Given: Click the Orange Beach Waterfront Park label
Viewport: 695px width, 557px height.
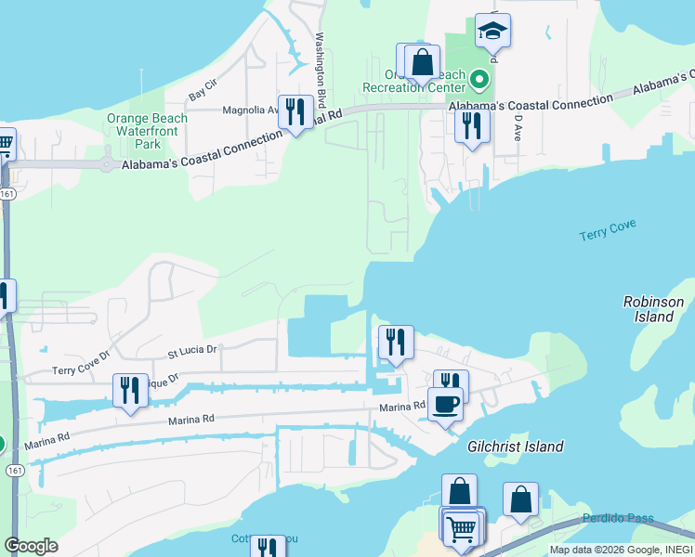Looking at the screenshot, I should (147, 131).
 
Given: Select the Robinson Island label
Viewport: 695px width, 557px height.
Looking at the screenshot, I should (653, 309).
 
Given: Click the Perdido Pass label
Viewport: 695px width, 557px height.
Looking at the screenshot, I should (618, 518).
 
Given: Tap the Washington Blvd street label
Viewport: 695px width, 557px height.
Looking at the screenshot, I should (321, 71).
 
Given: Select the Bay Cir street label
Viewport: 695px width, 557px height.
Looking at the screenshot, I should (202, 90).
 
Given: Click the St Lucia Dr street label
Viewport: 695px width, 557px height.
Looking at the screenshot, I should (191, 351).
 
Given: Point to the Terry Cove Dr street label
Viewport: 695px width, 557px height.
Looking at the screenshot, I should (81, 363).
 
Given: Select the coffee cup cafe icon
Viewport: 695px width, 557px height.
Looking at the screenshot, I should (445, 404).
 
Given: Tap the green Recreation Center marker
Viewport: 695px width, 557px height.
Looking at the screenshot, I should (479, 80).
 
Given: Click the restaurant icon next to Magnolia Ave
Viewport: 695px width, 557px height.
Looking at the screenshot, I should (295, 111).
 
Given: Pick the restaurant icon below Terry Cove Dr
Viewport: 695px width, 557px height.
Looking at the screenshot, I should (130, 389).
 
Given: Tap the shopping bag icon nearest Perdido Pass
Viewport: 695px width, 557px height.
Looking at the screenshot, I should (521, 499).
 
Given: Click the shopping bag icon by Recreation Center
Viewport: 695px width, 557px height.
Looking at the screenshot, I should (422, 62).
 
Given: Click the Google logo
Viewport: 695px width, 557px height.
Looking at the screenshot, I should (31, 545).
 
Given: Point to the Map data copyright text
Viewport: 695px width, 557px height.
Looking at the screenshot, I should (619, 550).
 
